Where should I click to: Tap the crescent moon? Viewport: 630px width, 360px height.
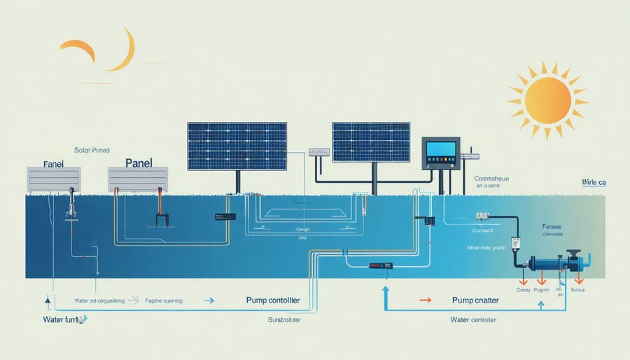(124, 50)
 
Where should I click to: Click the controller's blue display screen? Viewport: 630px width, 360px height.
(441, 149)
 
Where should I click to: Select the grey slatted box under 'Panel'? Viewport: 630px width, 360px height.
(138, 179)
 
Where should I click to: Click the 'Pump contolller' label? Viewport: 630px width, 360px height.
(273, 300)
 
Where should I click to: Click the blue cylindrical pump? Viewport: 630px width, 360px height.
(553, 263)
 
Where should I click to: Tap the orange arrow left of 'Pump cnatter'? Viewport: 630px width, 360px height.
(425, 300)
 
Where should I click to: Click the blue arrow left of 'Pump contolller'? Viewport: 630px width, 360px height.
(208, 300)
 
